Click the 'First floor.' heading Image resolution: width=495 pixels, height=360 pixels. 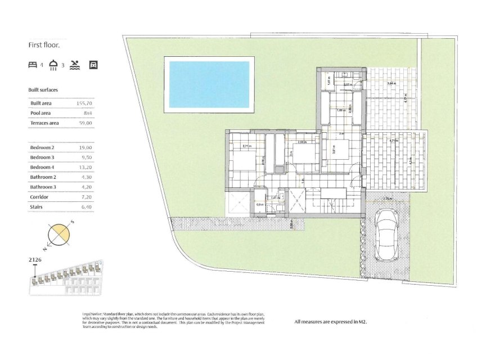(x=44, y=44)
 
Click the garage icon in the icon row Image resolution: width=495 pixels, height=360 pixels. (x=93, y=65)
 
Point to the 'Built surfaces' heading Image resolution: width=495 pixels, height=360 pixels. (x=43, y=90)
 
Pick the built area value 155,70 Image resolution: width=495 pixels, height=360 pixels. (x=84, y=103)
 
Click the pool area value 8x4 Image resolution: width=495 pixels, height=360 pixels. (x=87, y=113)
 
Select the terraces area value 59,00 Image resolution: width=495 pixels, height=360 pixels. (x=85, y=123)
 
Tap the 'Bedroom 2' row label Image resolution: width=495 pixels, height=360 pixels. (x=41, y=147)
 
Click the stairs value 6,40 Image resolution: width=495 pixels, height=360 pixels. (x=85, y=208)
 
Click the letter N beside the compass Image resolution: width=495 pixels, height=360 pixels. (x=44, y=247)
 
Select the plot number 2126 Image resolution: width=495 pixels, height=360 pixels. (x=35, y=260)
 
